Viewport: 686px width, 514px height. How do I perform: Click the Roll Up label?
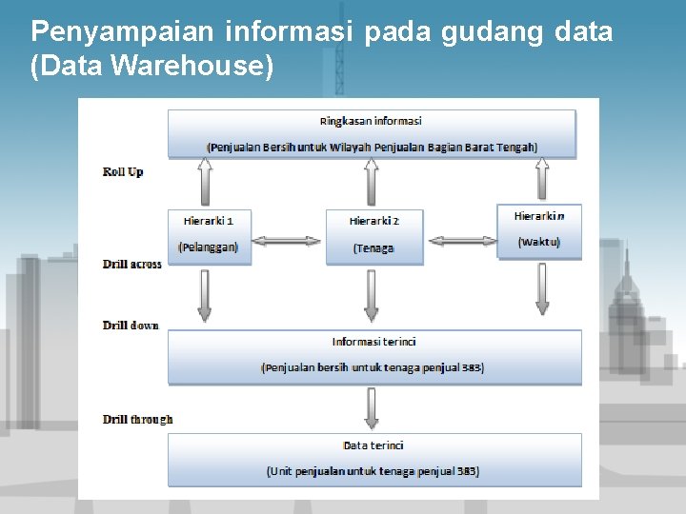[x=123, y=172]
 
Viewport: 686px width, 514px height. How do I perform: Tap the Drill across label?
[x=132, y=264]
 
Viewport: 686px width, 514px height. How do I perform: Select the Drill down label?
[x=131, y=326]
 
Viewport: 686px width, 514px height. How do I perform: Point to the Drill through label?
[x=138, y=420]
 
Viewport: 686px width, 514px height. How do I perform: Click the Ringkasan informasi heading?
[x=372, y=121]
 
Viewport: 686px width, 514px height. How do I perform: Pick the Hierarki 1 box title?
[x=209, y=221]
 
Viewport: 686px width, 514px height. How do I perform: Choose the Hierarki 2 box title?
[x=374, y=221]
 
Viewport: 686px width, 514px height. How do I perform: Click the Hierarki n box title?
[x=539, y=217]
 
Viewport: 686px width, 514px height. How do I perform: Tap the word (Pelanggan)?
[x=209, y=247]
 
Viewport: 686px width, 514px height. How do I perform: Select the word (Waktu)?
[x=539, y=243]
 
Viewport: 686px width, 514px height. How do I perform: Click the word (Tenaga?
[x=373, y=248]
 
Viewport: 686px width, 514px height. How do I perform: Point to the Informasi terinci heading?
[x=373, y=342]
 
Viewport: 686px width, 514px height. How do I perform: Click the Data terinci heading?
[x=373, y=445]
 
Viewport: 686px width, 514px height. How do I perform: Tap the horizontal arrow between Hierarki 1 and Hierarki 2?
[x=286, y=241]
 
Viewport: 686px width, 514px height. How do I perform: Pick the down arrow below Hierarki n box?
[x=542, y=288]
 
